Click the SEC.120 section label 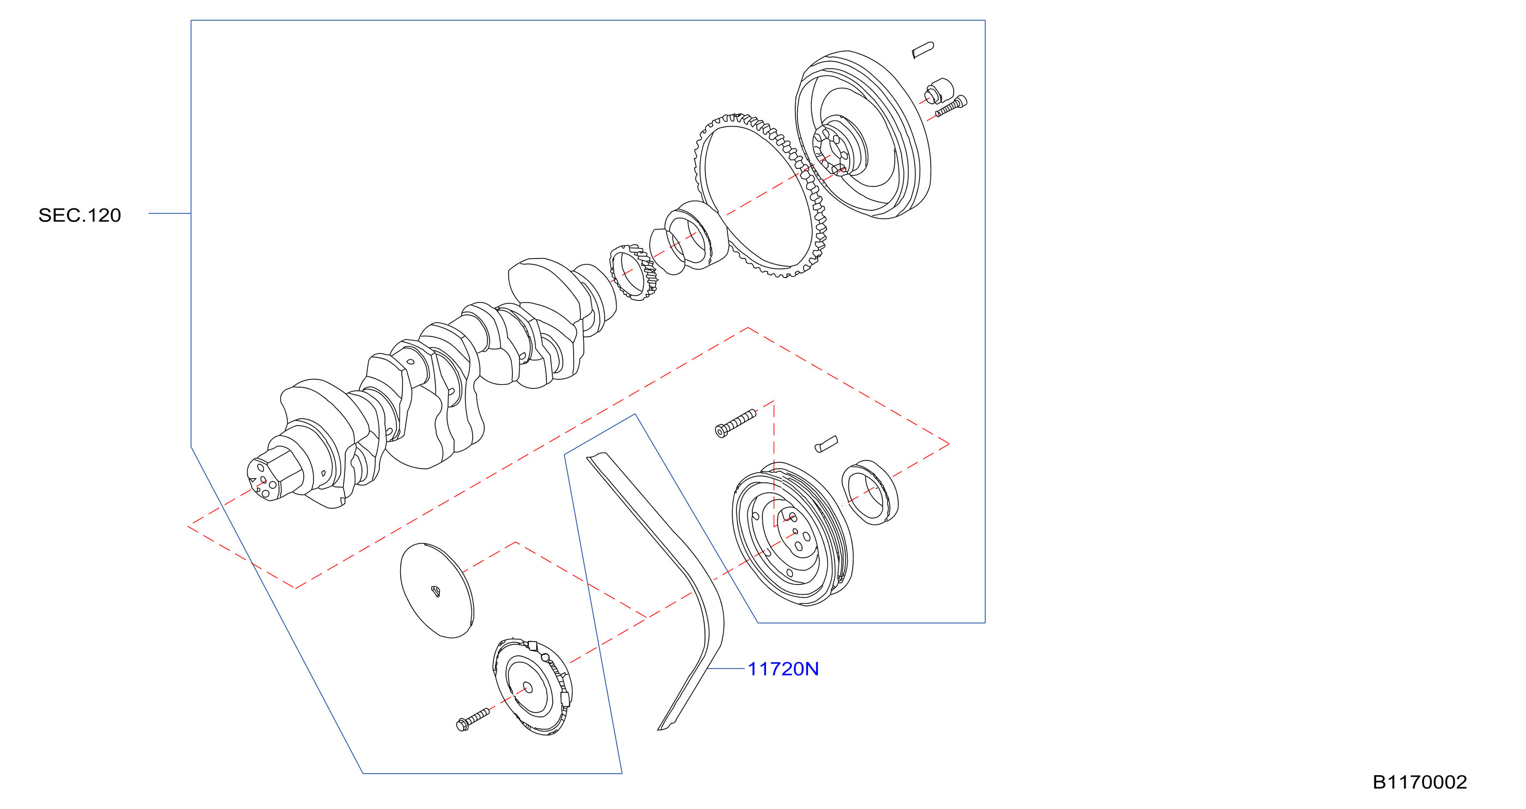80,215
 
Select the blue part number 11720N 783,669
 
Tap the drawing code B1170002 1420,782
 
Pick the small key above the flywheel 923,50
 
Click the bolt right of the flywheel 951,107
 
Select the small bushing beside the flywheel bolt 939,90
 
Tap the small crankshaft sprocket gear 634,273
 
